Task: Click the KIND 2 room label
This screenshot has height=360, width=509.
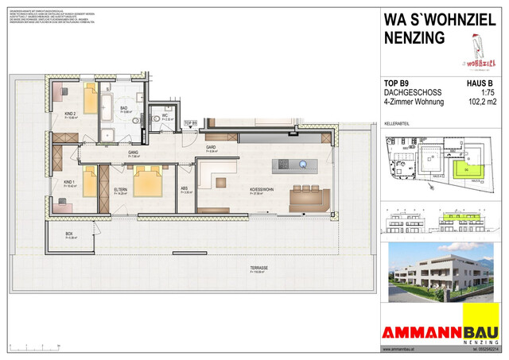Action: (70, 113)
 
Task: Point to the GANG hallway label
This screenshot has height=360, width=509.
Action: (134, 153)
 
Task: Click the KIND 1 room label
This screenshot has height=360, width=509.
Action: (70, 183)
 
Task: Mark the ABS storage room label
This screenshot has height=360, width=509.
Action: (184, 189)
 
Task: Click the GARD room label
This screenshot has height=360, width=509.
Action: (212, 148)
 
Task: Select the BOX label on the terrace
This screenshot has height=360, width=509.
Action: (69, 234)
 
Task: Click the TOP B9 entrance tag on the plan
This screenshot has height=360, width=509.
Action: (190, 122)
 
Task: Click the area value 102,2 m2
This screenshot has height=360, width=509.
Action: (486, 102)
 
